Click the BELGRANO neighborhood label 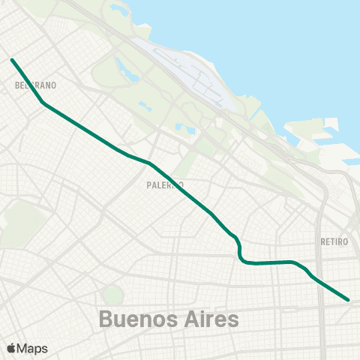point(31,85)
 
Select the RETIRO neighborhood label point(334,241)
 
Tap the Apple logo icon point(11,348)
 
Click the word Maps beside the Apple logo point(33,348)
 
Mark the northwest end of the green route point(12,58)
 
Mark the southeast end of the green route point(349,299)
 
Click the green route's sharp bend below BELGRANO point(43,103)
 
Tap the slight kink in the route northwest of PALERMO point(148,162)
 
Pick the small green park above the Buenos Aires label point(112,295)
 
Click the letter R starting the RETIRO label point(322,241)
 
